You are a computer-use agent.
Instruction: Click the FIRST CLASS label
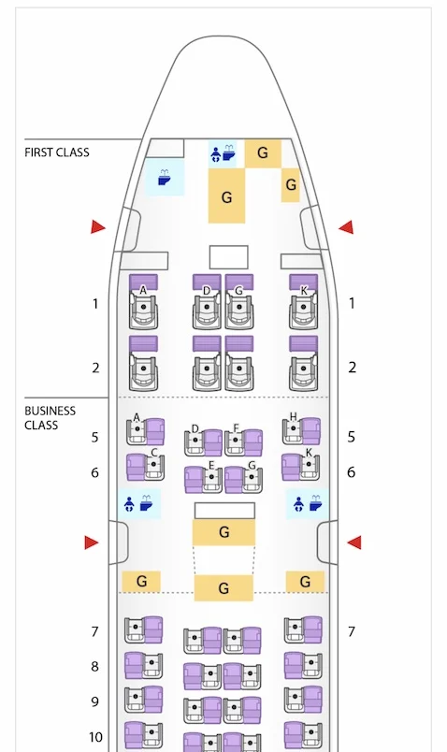pos(57,152)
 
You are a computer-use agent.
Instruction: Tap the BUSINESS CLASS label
pos(50,418)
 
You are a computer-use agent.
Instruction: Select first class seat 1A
pos(143,301)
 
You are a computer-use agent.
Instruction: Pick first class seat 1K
pos(303,301)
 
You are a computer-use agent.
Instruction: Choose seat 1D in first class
pos(207,301)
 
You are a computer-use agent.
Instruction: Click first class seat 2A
pos(143,363)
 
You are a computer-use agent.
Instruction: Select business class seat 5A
pos(145,431)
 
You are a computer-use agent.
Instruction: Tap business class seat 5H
pos(301,430)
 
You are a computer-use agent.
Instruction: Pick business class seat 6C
pos(146,467)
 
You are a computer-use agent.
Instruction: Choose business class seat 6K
pos(301,467)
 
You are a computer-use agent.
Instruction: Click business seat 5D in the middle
pos(203,442)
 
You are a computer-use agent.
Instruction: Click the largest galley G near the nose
pos(226,196)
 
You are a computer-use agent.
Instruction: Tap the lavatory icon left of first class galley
pos(165,178)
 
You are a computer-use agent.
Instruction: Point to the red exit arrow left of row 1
pos(98,227)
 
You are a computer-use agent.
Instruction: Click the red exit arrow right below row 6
pos(354,542)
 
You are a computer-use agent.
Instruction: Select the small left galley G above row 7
pos(141,581)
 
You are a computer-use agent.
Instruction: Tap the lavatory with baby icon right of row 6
pos(308,504)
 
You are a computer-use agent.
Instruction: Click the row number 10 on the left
pos(96,737)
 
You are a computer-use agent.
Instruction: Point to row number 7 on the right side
pos(352,631)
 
